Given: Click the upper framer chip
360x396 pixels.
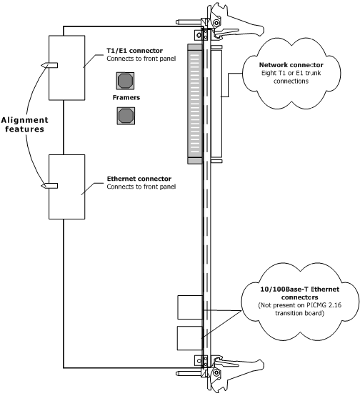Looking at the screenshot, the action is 125,81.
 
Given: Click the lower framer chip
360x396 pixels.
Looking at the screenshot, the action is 126,116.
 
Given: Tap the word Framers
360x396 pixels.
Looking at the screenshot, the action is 126,97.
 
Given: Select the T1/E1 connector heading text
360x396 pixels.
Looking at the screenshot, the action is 134,51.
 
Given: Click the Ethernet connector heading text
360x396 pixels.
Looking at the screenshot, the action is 139,179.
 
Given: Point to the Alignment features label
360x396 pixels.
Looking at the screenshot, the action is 25,124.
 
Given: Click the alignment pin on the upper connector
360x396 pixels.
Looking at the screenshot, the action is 49,65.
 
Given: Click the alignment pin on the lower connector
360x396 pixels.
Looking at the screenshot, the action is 49,186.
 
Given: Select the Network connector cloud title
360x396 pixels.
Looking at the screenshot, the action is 291,65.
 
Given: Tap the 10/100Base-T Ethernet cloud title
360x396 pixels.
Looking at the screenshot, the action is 300,293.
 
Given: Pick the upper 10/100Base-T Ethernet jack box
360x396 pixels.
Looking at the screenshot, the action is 190,307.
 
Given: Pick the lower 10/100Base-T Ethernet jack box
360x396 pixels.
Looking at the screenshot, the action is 190,338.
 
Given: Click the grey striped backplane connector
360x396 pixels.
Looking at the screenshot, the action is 195,104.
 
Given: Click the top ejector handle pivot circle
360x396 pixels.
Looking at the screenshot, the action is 216,24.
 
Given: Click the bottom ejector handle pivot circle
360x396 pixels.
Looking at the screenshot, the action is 216,372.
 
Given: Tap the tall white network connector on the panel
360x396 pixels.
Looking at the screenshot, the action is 216,104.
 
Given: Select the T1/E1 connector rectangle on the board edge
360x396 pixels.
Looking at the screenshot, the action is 67,68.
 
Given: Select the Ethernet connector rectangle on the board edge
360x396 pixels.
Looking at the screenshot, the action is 67,187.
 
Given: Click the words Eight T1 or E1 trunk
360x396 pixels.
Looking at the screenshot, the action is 291,73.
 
